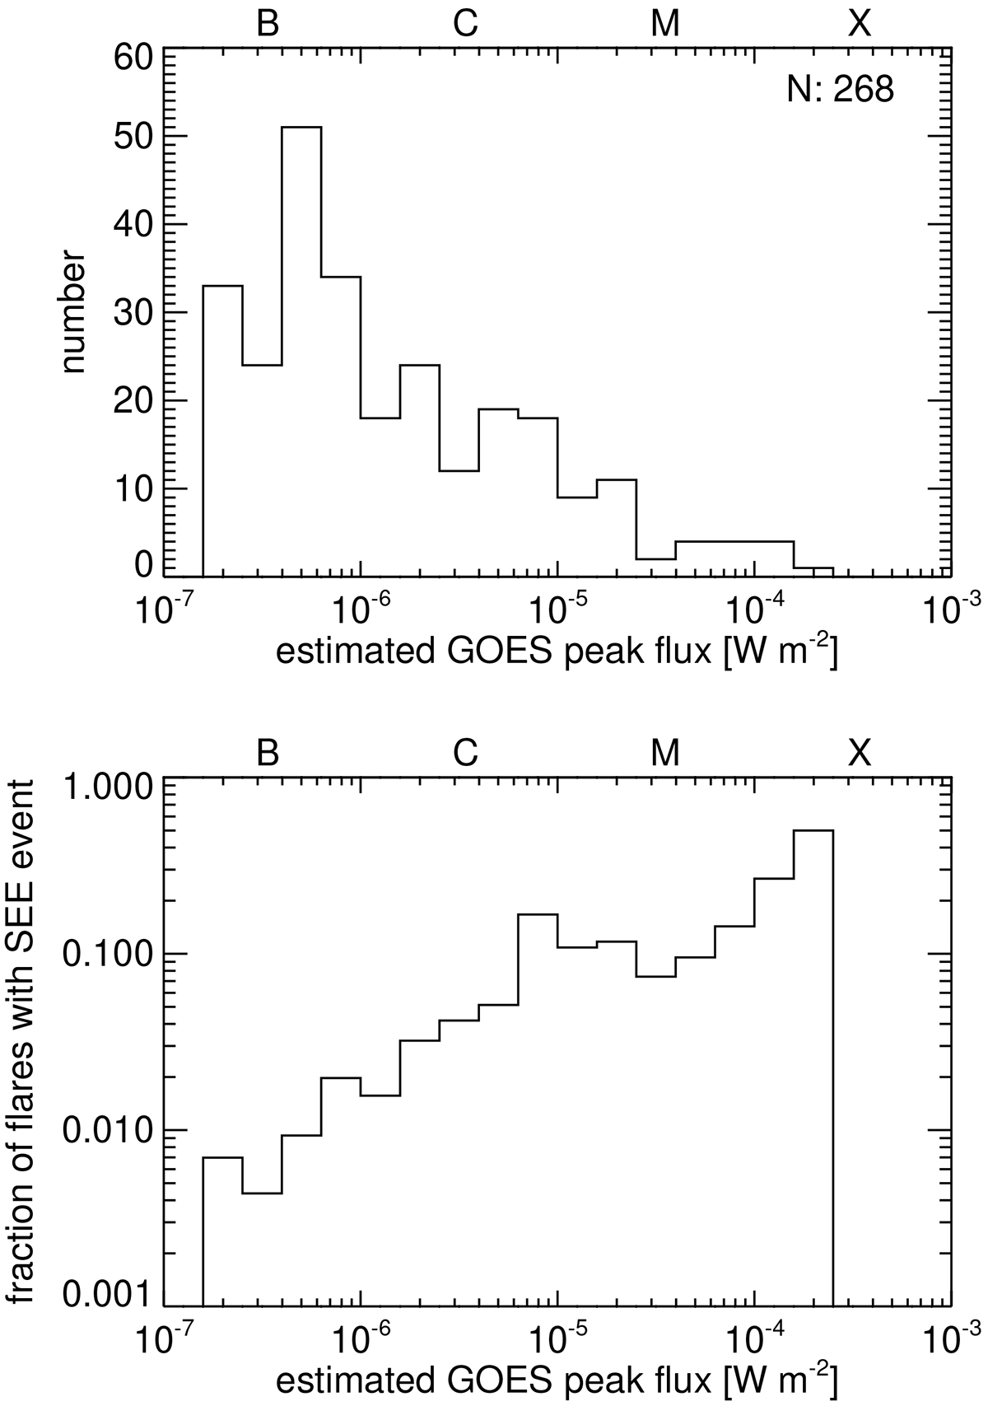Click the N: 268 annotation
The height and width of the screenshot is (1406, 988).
click(x=840, y=89)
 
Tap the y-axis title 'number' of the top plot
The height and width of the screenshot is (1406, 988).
click(x=72, y=317)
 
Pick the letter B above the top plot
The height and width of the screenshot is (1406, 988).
click(x=268, y=26)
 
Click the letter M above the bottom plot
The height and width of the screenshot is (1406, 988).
click(x=664, y=753)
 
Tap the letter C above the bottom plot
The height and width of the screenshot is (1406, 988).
click(x=465, y=753)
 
